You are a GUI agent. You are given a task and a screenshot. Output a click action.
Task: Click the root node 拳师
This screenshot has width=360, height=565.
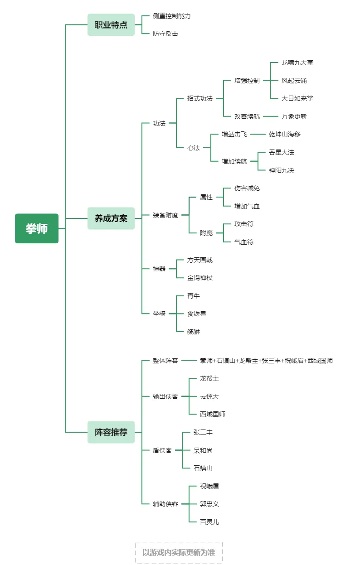[x=37, y=228]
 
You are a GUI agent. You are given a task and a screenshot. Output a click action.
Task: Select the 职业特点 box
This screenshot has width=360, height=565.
[x=111, y=25]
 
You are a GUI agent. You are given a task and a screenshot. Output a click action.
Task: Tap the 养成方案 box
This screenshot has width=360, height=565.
[x=111, y=218]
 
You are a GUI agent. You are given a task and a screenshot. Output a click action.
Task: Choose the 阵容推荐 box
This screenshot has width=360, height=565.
[x=111, y=432]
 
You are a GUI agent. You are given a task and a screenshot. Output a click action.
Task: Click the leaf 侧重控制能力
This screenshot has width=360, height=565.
[x=172, y=16]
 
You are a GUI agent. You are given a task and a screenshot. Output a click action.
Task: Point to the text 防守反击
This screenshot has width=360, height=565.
[x=165, y=34]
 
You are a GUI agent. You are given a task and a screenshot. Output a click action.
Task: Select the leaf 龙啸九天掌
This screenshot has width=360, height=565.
[x=297, y=63]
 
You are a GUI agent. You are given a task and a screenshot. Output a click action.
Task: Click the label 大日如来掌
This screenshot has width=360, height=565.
[x=297, y=98]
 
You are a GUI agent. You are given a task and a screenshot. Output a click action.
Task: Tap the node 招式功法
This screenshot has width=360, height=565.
[x=200, y=98]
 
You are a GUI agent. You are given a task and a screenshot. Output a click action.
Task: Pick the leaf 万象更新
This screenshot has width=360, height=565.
[x=294, y=116]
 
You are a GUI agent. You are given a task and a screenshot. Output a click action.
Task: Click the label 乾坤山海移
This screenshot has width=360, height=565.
[x=285, y=134]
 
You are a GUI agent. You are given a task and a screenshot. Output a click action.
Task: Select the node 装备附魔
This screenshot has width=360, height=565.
[x=165, y=215]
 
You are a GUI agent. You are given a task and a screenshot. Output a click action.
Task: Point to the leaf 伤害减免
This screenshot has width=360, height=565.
[x=247, y=188]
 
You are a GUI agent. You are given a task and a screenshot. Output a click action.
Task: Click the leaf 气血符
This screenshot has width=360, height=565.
[x=244, y=242]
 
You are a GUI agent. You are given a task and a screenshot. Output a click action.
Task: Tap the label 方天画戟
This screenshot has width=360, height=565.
[x=200, y=260]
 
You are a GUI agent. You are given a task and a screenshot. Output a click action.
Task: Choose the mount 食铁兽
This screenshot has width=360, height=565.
[x=197, y=314]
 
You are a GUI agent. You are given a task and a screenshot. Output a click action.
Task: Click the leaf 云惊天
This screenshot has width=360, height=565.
[x=209, y=396]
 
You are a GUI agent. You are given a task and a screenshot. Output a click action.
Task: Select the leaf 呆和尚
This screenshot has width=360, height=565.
[x=203, y=450]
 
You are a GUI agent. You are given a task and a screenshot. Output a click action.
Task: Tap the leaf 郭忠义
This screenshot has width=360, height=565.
[x=209, y=504]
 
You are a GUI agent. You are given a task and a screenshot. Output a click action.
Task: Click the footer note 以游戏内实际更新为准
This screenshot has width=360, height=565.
[x=179, y=552]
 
